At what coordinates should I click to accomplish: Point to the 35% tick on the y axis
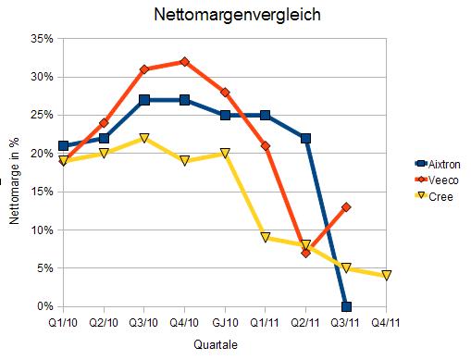[x=41, y=39]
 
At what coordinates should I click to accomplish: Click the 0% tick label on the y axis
[x=44, y=306]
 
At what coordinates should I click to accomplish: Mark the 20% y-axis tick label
[x=41, y=154]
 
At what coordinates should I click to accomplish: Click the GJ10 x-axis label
[x=225, y=324]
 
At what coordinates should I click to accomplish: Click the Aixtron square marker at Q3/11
[x=346, y=306]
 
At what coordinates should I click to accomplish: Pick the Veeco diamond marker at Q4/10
[x=185, y=62]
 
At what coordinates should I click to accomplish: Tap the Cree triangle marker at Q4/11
[x=386, y=275]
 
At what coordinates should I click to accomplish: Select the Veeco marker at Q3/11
[x=346, y=207]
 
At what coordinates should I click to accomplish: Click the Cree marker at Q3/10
[x=144, y=138]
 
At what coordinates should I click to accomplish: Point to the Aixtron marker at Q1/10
[x=63, y=145]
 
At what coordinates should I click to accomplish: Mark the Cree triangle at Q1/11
[x=266, y=238]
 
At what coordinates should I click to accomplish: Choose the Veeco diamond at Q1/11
[x=266, y=146]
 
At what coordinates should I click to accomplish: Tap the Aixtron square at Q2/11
[x=305, y=138]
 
